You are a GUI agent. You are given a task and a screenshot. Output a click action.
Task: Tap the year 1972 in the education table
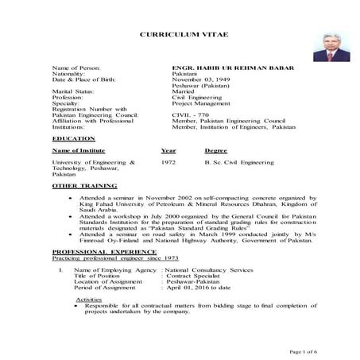coord(168,161)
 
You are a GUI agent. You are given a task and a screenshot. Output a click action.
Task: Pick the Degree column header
coord(215,149)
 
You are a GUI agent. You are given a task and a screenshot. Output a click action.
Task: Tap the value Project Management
coord(204,103)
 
